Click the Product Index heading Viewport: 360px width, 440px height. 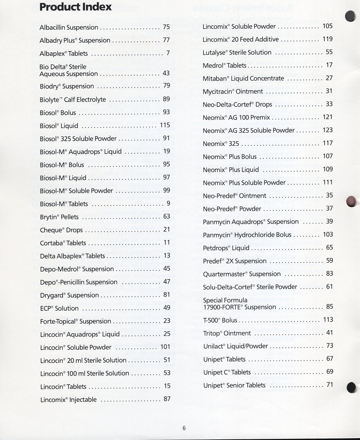76,7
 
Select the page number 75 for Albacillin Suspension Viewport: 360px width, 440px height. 166,27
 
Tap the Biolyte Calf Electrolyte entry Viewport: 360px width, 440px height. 73,99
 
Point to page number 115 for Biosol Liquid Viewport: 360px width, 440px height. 165,125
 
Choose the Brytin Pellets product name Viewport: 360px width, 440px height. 59,217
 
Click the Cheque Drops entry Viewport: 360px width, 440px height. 61,230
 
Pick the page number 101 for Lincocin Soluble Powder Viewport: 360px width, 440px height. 165,347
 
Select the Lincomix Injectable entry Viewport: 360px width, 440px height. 68,400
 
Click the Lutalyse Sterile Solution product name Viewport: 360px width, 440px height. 237,53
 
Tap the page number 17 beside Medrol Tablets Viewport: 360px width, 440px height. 329,65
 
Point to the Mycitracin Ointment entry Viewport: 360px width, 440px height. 233,92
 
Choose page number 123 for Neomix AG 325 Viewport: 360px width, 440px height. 328,130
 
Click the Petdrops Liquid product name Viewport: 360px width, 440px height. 226,248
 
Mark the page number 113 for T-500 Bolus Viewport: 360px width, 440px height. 328,320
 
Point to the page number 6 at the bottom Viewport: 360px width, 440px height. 184,428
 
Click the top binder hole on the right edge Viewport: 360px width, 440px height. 350,16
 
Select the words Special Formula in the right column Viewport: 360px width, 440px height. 225,300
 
